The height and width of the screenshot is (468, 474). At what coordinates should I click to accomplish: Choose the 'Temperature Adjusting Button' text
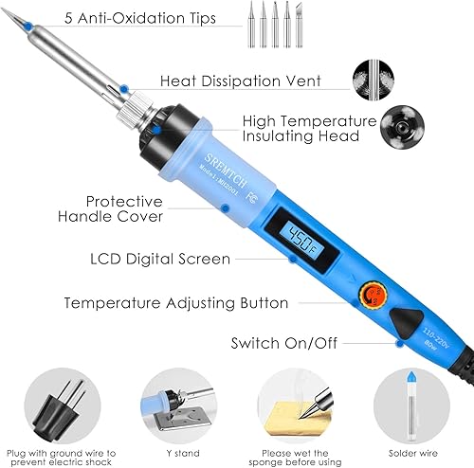point(175,303)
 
